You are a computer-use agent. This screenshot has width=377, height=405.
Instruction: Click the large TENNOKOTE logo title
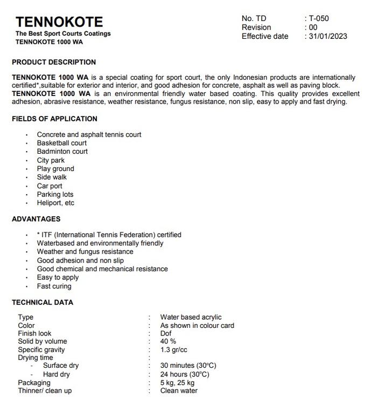59,22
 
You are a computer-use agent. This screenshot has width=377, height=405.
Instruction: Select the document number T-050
319,18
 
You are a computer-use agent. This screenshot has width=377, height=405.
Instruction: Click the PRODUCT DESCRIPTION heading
54,62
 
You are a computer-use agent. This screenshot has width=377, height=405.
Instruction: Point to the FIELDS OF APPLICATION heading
54,119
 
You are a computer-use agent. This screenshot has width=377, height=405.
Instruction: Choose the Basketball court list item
61,143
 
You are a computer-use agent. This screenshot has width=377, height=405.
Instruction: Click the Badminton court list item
62,152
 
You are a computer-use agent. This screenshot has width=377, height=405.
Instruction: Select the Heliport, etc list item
55,203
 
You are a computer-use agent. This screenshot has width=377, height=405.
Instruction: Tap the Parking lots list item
55,194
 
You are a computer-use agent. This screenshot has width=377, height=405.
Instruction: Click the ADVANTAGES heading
36,219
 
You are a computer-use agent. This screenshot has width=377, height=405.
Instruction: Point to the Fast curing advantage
54,286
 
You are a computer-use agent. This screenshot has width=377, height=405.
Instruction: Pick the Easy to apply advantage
58,277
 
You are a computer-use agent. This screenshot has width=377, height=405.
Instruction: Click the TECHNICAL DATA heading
43,302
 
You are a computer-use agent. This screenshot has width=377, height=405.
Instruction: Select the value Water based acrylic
191,317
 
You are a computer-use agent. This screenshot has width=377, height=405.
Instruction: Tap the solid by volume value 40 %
168,341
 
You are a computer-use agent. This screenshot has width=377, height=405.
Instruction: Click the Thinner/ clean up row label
45,390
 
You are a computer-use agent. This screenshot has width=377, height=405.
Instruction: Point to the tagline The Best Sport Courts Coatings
63,33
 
